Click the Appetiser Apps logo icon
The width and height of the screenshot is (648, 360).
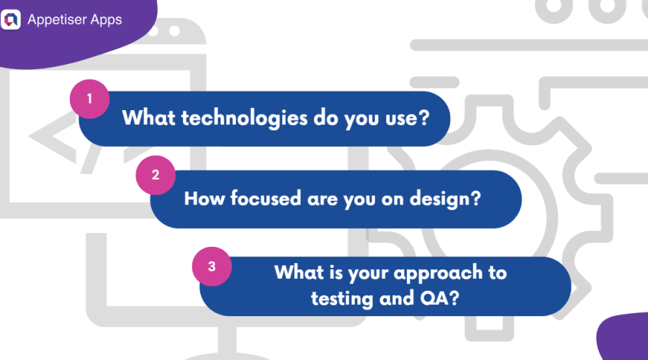click(x=12, y=19)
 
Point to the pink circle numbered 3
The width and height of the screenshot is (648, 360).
click(x=212, y=266)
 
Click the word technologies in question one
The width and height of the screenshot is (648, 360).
click(x=235, y=117)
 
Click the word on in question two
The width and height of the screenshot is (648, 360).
click(x=397, y=198)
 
